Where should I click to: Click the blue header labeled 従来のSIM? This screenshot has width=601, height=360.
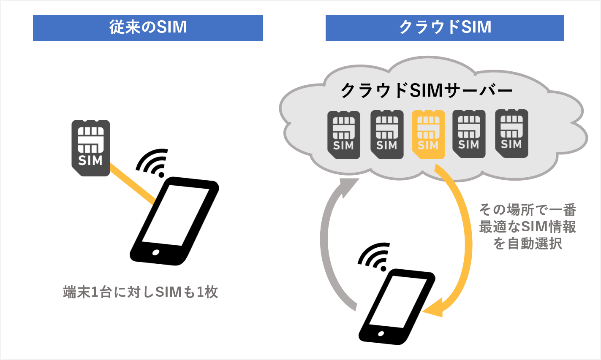point(148,28)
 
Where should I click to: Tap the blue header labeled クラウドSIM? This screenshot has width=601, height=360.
point(444,28)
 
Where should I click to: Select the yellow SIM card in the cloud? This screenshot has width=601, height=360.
point(428,134)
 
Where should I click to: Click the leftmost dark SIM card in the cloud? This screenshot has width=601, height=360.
point(344,134)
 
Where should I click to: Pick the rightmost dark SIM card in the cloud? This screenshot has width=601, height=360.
point(511,133)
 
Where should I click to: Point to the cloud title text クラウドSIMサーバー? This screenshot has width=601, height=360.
point(427,91)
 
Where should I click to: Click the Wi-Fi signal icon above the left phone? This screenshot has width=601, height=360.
point(153,162)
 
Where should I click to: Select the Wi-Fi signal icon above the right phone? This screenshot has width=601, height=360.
point(374,257)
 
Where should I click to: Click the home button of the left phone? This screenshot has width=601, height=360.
point(156,252)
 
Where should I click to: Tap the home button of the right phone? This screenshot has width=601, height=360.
point(381,334)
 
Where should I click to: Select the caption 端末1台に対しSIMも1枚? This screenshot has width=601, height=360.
point(141,292)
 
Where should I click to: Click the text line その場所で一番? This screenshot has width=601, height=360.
point(528,210)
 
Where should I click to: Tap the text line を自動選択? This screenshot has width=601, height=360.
point(528,244)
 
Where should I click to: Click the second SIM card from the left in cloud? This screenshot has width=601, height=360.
point(387,134)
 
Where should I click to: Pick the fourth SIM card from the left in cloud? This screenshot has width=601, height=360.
point(469,133)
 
